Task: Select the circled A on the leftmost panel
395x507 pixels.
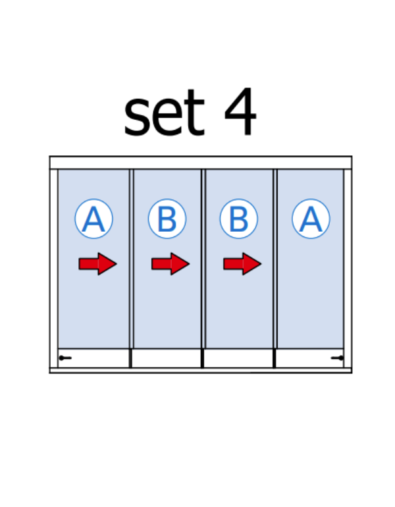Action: tap(93, 219)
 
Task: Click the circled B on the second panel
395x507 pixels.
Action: tap(167, 219)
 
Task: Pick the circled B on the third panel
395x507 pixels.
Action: tap(238, 219)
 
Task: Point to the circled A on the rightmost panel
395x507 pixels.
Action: tap(311, 219)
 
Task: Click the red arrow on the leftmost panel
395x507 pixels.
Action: tap(97, 264)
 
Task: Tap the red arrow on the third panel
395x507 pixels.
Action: tap(242, 264)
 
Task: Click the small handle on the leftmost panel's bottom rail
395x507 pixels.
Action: tap(65, 358)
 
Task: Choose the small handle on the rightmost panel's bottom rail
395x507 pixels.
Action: tap(337, 358)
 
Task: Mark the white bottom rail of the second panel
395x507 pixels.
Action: tap(167, 358)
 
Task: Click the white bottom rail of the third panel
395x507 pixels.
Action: tap(238, 358)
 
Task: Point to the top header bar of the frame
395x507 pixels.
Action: tap(201, 163)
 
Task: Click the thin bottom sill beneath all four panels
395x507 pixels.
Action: tap(201, 371)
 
